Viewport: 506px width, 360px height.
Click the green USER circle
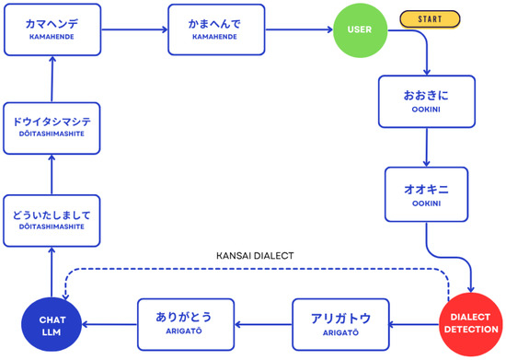[x=360, y=30]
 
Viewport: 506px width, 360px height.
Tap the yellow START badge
[x=430, y=19]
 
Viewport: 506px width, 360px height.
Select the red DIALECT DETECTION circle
[x=471, y=324]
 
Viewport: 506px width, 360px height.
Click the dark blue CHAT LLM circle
[x=52, y=324]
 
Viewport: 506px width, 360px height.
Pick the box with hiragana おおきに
[x=427, y=101]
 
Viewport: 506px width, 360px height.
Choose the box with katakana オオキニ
[x=426, y=194]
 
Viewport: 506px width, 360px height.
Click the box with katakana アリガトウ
[x=340, y=324]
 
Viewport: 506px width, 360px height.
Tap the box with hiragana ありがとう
[x=186, y=324]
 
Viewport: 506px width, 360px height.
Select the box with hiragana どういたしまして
[x=52, y=221]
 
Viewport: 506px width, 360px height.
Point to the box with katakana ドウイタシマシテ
[x=52, y=128]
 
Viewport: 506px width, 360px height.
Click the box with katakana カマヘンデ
[x=52, y=29]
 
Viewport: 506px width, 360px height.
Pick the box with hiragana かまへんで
[x=216, y=29]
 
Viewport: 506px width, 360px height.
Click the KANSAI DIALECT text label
[x=255, y=256]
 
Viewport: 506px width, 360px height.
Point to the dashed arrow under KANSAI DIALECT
[x=257, y=269]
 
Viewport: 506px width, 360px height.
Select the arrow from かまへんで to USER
[x=299, y=29]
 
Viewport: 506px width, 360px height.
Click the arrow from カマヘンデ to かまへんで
[x=134, y=29]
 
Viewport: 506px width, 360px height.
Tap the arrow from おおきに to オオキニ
[x=427, y=147]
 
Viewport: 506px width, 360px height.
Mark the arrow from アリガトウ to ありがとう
[x=263, y=324]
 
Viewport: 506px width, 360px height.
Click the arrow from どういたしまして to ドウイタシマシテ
[x=52, y=175]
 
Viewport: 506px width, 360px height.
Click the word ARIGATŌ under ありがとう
[x=184, y=331]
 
